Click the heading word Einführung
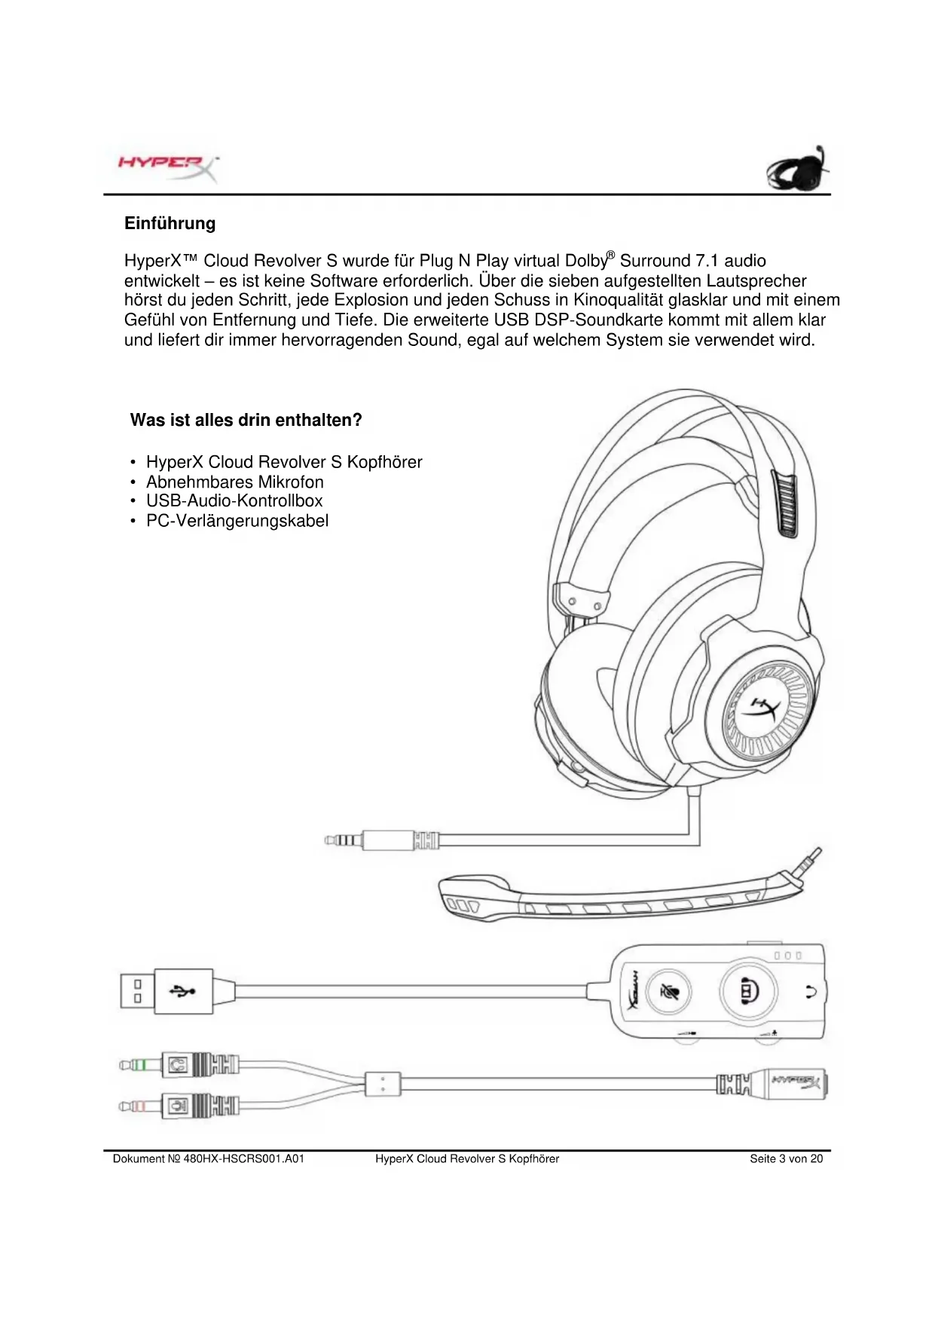[170, 224]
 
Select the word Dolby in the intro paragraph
[584, 261]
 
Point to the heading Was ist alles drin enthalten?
[246, 420]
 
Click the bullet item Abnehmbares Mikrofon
[234, 482]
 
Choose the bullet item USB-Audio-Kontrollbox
[234, 501]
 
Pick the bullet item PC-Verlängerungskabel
[237, 521]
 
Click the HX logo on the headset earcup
[762, 711]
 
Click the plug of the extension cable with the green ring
[143, 1066]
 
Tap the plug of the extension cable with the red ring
[143, 1106]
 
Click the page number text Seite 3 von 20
[786, 1158]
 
